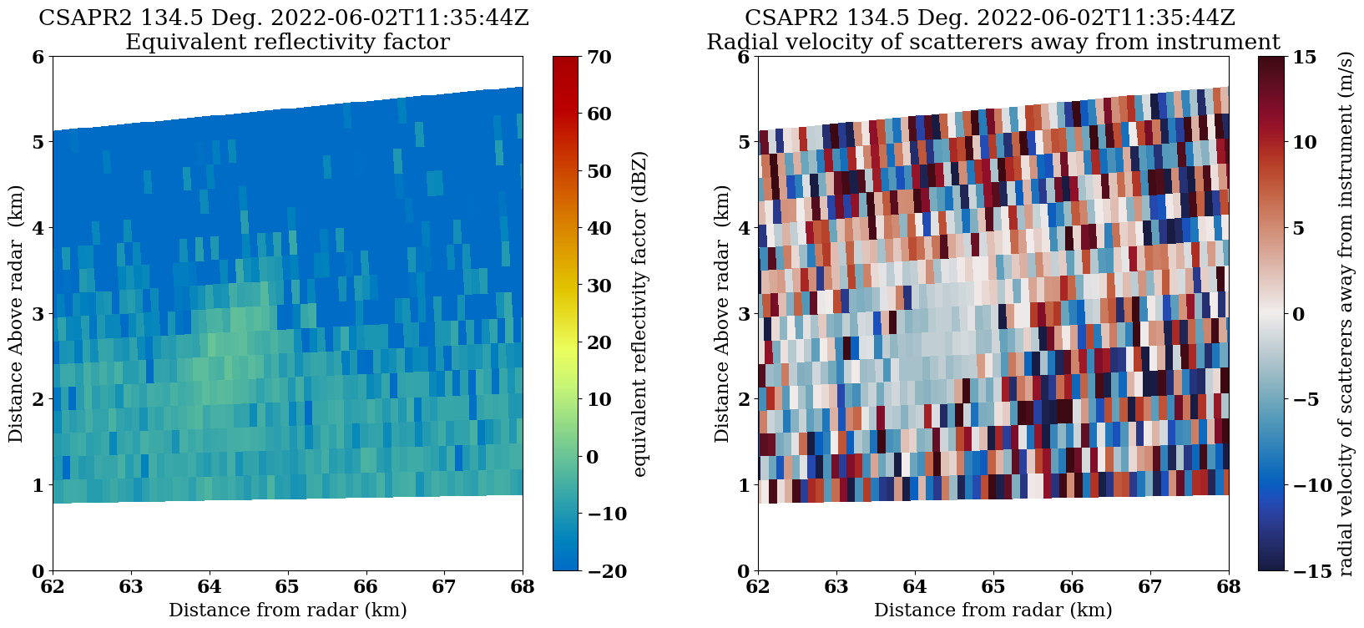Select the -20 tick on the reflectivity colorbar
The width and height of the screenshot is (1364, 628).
coord(598,570)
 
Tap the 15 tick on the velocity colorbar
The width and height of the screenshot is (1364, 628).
coord(1305,57)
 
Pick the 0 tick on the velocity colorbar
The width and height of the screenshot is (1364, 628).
coord(1299,314)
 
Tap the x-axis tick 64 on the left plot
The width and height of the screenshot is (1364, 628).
coord(210,587)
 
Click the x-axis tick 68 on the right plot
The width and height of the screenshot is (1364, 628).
coord(1228,587)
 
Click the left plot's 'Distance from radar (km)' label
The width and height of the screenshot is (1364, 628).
coord(287,610)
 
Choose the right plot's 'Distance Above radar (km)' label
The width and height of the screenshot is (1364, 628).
coord(723,314)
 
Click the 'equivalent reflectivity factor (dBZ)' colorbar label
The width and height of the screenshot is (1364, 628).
coord(640,314)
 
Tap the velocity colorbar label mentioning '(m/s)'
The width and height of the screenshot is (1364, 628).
coord(1345,314)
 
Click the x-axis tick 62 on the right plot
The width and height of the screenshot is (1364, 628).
coord(758,587)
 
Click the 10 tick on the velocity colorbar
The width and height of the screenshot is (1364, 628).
coord(1305,143)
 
